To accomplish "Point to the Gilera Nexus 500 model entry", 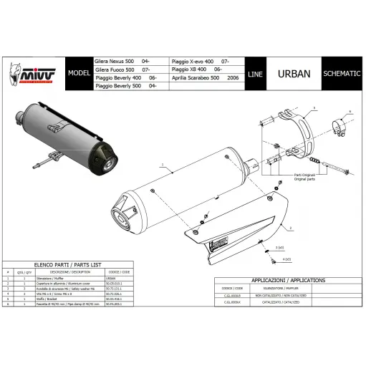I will tap(117, 62).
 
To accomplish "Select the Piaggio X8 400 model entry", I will tap(196, 70).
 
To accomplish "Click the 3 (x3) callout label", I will tap(281, 246).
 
